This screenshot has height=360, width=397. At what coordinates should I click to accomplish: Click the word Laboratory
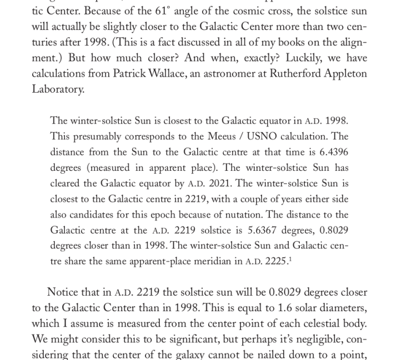(58, 89)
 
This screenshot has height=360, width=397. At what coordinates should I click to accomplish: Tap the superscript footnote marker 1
(290, 258)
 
